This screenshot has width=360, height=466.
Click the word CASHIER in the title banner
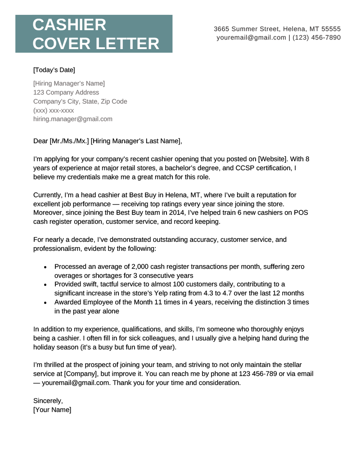tap(69, 25)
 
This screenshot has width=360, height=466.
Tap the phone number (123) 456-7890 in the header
tap(316, 37)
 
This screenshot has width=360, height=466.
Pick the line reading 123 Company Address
tap(66, 92)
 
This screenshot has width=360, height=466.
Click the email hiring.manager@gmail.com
tap(73, 119)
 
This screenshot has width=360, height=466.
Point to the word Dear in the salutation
tap(40, 141)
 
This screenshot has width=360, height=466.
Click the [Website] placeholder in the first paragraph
tap(271, 159)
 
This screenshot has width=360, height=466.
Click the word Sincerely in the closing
tap(48, 401)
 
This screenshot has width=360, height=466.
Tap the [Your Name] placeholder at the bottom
tap(52, 410)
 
